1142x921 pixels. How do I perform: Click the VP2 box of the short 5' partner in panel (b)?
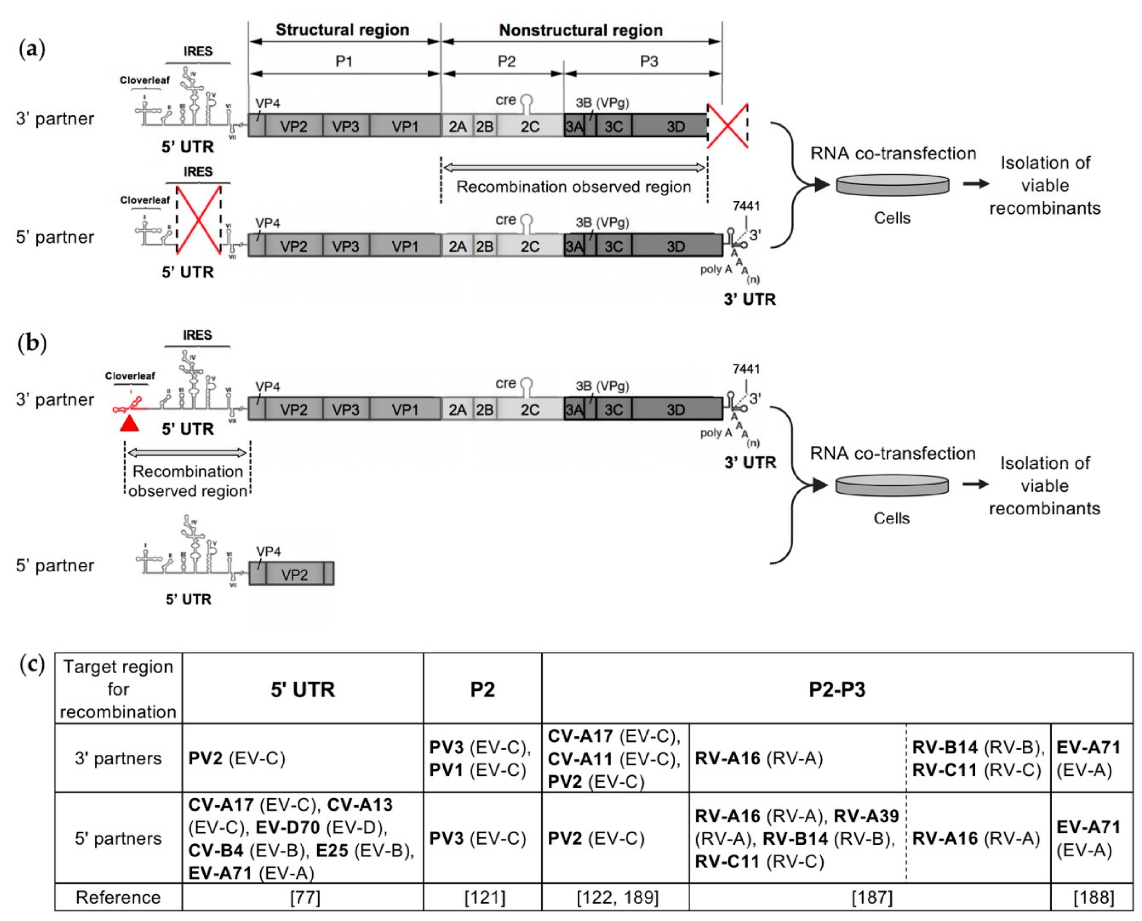tap(294, 575)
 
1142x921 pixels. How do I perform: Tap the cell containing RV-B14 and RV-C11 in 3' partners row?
tap(977, 759)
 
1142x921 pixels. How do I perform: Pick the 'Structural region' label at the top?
tap(342, 30)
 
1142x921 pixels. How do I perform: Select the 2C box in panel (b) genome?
tap(530, 410)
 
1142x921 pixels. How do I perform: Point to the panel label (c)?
tap(32, 664)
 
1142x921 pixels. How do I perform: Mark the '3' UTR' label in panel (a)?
tap(749, 299)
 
